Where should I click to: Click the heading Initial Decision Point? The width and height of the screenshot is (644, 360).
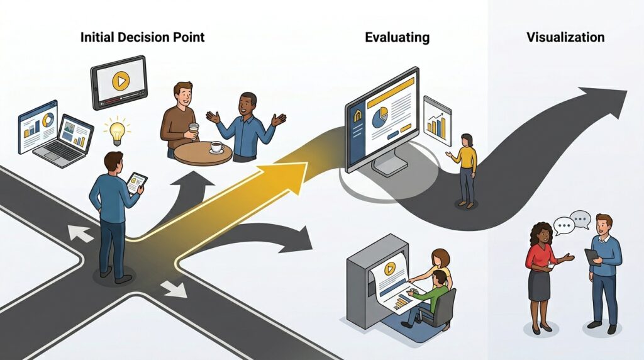[142, 37]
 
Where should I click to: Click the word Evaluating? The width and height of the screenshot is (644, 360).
[397, 37]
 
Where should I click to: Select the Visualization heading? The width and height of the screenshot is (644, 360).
[565, 37]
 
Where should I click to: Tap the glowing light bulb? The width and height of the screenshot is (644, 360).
[117, 131]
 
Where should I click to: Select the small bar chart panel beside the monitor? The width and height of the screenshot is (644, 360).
[437, 121]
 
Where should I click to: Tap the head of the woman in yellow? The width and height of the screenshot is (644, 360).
[467, 139]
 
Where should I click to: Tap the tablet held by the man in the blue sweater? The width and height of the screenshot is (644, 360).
[592, 256]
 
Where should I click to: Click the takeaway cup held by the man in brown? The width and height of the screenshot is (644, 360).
[194, 128]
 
